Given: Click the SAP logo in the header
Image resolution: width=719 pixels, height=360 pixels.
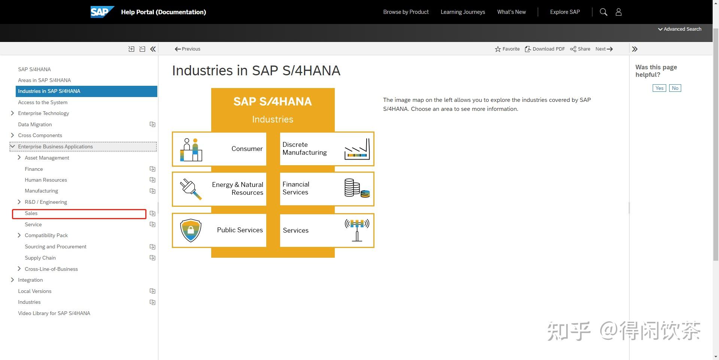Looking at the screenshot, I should click(101, 12).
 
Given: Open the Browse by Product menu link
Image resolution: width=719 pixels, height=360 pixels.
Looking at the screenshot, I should click(406, 12).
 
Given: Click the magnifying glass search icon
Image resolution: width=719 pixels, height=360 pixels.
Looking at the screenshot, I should click(603, 12).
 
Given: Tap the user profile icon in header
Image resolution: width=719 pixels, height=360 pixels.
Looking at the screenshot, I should click(619, 12).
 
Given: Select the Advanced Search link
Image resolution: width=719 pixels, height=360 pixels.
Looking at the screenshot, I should click(680, 29).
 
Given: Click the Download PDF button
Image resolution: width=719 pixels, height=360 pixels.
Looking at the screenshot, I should click(545, 49).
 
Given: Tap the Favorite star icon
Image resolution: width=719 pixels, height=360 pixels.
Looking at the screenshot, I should click(498, 49).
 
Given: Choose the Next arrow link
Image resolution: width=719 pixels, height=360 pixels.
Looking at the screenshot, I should click(604, 49).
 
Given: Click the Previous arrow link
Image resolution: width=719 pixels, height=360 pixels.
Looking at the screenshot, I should click(188, 49).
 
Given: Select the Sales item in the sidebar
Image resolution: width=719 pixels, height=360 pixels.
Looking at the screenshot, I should click(31, 214).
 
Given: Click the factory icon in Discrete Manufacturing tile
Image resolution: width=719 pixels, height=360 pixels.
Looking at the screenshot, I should click(357, 149).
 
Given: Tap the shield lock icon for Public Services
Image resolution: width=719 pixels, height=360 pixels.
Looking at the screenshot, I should click(191, 230).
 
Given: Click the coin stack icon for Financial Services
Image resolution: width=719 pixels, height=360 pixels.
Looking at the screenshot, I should click(357, 188).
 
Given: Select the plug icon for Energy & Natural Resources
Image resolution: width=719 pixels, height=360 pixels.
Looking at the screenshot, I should click(191, 189).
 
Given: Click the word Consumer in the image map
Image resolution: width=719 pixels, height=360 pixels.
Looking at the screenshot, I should click(247, 149).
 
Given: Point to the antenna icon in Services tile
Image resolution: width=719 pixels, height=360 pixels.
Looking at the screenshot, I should click(357, 230).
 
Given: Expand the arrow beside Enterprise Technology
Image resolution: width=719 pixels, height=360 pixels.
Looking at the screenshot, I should click(12, 113).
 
